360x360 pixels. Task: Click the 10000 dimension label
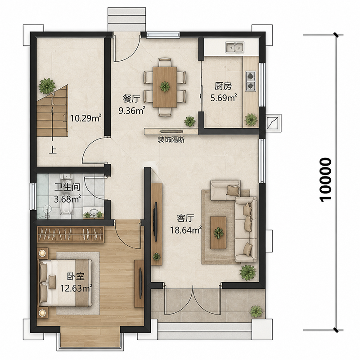(325, 180)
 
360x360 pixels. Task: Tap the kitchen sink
(234, 48)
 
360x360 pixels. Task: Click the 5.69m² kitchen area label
(224, 98)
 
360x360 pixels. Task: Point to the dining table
(165, 86)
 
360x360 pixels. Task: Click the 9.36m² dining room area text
(132, 111)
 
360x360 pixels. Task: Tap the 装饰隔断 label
(171, 139)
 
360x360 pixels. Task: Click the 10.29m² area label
(86, 118)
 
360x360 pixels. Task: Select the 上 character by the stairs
(53, 150)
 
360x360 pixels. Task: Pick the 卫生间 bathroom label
(67, 187)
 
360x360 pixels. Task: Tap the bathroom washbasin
(93, 212)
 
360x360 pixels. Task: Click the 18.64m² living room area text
(186, 230)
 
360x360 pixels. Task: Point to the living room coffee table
(218, 232)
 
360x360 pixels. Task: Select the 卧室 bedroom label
(76, 277)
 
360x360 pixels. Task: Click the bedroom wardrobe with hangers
(70, 234)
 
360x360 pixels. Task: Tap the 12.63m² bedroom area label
(76, 288)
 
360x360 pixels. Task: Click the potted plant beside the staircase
(47, 86)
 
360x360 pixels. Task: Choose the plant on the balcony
(256, 311)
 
